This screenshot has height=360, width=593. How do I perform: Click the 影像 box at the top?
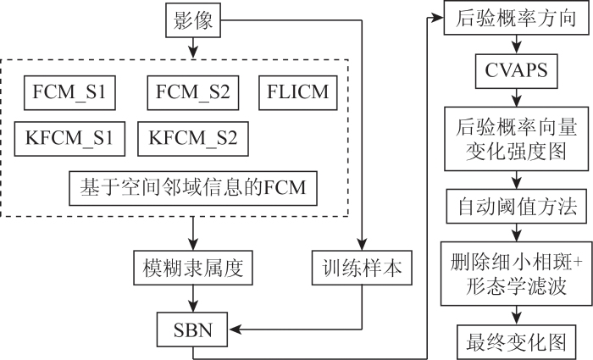(193, 20)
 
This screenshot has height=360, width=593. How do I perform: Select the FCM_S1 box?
(69, 92)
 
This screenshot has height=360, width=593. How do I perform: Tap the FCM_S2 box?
(193, 92)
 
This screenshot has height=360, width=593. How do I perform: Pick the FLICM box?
(298, 92)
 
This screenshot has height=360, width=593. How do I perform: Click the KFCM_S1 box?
(69, 139)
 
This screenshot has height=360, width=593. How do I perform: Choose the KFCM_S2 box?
(193, 139)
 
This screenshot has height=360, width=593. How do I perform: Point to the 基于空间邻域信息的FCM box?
(193, 188)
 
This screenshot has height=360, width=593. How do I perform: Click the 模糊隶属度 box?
(193, 268)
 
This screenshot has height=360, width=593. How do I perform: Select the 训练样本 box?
(362, 268)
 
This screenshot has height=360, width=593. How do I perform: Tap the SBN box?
(192, 330)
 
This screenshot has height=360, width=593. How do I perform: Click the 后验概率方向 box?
(516, 18)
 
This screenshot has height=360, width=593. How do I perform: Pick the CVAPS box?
(516, 71)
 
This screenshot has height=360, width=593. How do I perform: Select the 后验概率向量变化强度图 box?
(516, 138)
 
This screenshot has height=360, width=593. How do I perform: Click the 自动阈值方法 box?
(516, 206)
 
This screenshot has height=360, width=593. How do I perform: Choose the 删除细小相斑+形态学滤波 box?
(516, 274)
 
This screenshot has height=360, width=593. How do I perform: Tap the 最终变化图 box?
(516, 342)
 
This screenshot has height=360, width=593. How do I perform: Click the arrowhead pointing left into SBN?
(235, 330)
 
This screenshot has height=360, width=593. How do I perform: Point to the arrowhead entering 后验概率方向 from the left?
(437, 18)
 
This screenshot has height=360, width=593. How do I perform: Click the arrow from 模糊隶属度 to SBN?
(193, 298)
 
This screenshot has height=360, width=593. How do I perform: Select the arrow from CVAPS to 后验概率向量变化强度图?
(516, 97)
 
